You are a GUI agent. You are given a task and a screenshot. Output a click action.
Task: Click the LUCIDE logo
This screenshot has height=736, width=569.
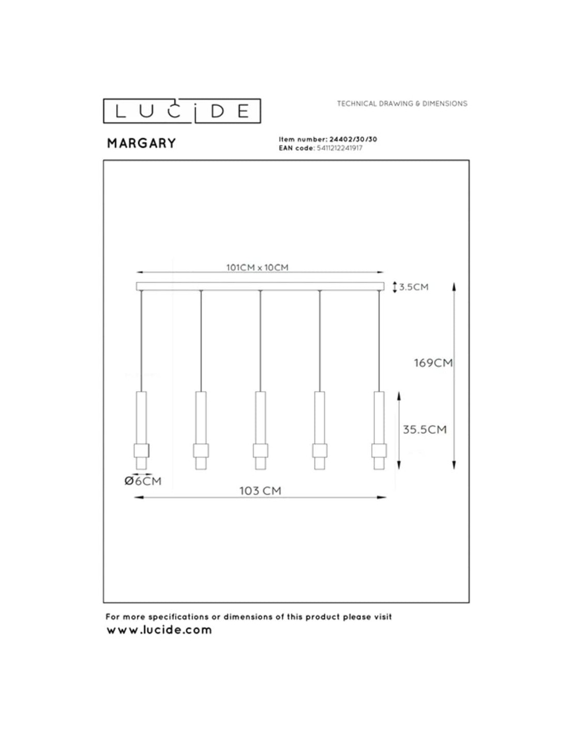point(182,111)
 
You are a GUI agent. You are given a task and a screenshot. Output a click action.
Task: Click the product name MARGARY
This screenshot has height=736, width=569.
point(142,143)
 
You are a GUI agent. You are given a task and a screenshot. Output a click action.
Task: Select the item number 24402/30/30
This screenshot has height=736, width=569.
point(353,139)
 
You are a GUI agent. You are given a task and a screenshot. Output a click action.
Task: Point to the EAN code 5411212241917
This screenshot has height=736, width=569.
point(339,148)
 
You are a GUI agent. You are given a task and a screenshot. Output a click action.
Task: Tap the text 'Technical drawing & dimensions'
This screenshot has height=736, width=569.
point(402,104)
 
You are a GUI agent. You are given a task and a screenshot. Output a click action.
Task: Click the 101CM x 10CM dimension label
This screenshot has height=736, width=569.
point(257,268)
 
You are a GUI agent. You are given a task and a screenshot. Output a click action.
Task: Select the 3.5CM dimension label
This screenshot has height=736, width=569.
point(414,287)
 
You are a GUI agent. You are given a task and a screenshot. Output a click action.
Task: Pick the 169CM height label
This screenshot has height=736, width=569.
point(433,363)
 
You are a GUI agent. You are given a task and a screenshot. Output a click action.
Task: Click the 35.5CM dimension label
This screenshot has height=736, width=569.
point(425,430)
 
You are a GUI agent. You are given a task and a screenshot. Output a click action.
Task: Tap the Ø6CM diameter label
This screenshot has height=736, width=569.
point(143,481)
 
